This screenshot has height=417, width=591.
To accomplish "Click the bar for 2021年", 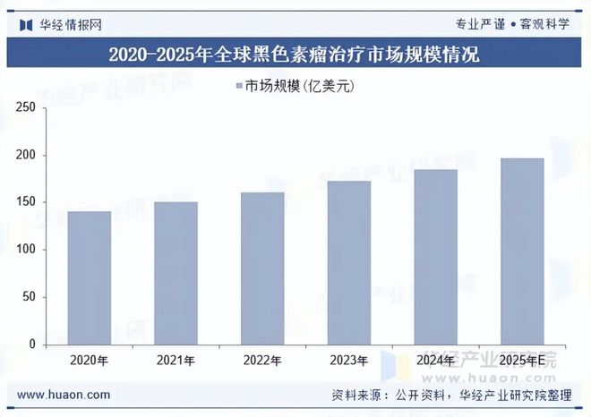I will tap(176, 273).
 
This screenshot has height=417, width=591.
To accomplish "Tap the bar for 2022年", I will tap(262, 268).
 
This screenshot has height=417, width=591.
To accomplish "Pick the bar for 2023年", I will tap(348, 262).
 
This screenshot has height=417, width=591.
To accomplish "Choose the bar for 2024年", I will tap(435, 257).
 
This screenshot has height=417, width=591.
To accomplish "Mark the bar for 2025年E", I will tap(521, 251).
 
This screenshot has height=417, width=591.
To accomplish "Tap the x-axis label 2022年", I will tap(262, 362).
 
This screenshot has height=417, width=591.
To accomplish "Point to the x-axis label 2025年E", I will tap(521, 362).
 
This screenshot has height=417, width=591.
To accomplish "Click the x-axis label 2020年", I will tap(90, 362).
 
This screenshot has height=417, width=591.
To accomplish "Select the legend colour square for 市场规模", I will tap(239, 86).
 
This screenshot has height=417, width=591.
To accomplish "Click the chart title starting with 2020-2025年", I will tap(295, 55).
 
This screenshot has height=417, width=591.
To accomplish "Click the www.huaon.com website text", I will tap(64, 395).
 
